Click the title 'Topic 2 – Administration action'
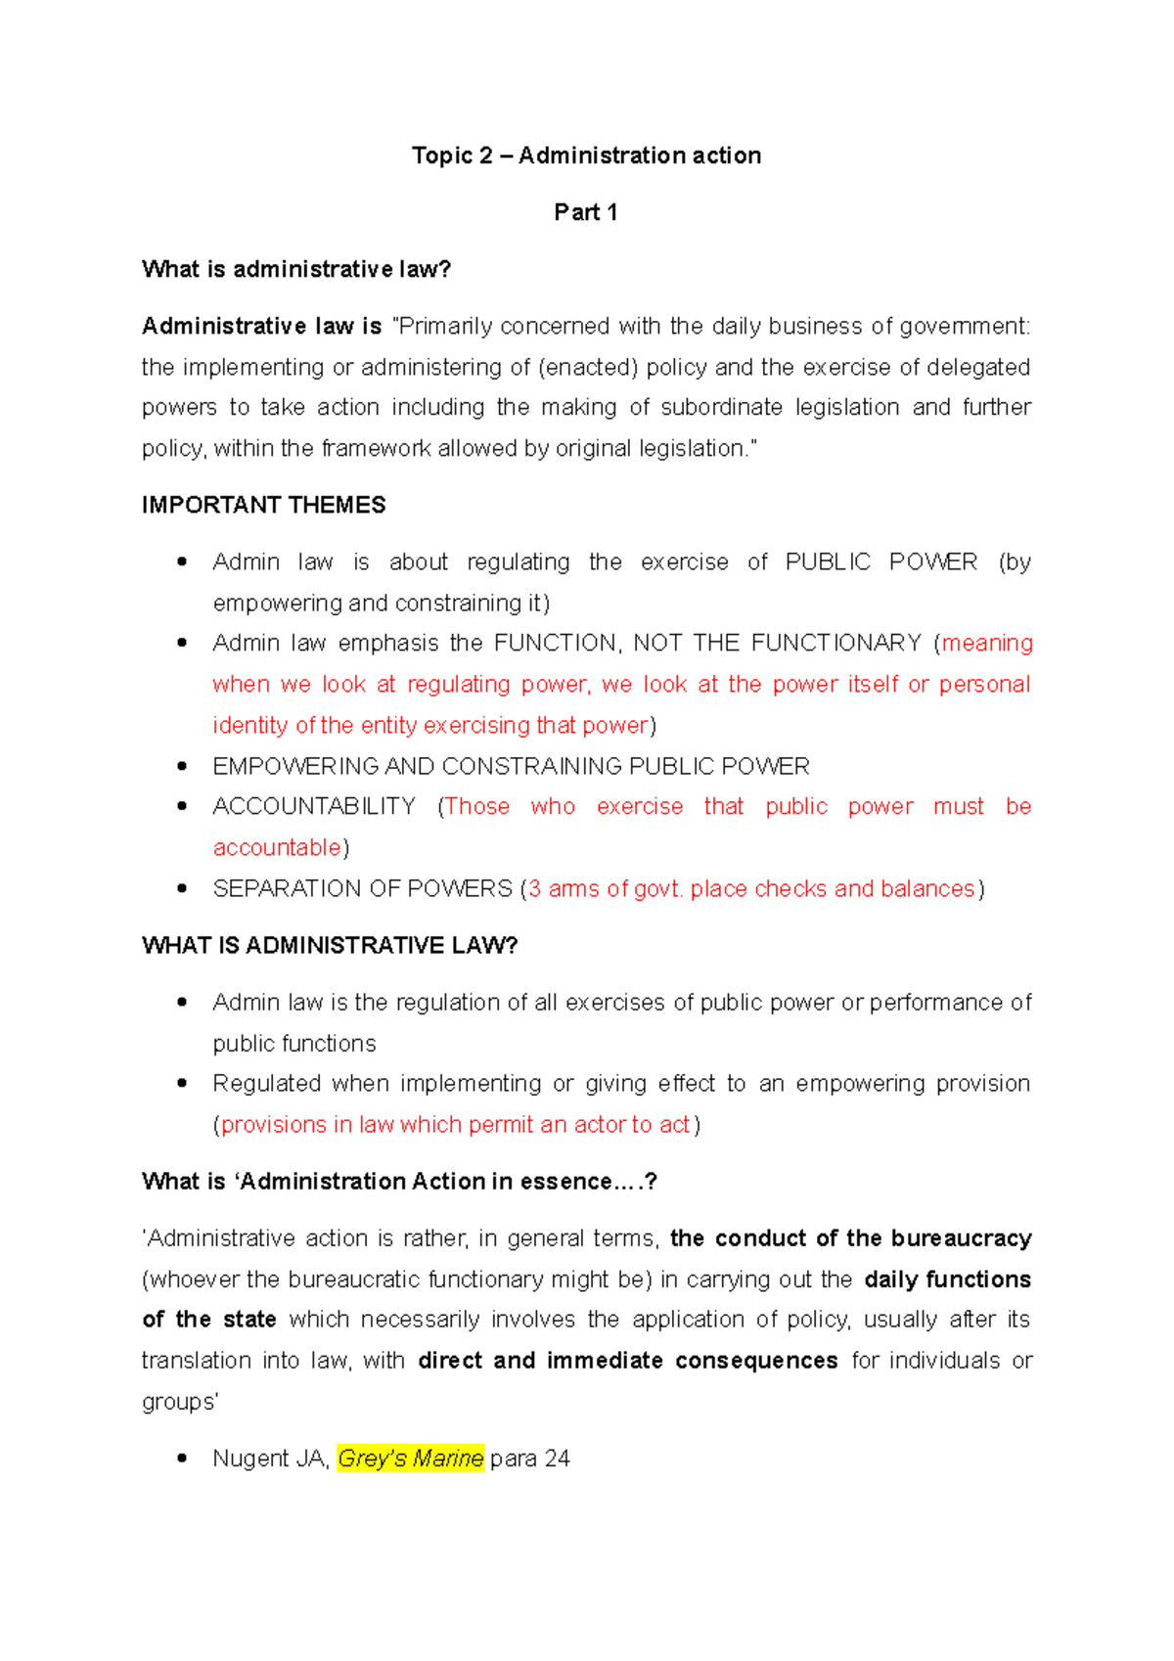586,156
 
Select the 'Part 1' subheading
585,212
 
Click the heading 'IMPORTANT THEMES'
263,505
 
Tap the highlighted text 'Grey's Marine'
410,1459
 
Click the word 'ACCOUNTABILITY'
314,806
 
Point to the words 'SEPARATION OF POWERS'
362,888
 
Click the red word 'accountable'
277,847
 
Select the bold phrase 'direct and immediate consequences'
627,1361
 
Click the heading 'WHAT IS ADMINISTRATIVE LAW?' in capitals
330,945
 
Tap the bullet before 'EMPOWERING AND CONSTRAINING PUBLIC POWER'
182,766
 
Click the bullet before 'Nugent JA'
182,1459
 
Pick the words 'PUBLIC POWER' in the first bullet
880,561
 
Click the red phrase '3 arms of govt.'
606,888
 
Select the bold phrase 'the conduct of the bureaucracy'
850,1238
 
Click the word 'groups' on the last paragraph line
178,1402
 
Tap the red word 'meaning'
986,643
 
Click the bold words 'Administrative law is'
261,326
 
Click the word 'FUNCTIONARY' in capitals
835,643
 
